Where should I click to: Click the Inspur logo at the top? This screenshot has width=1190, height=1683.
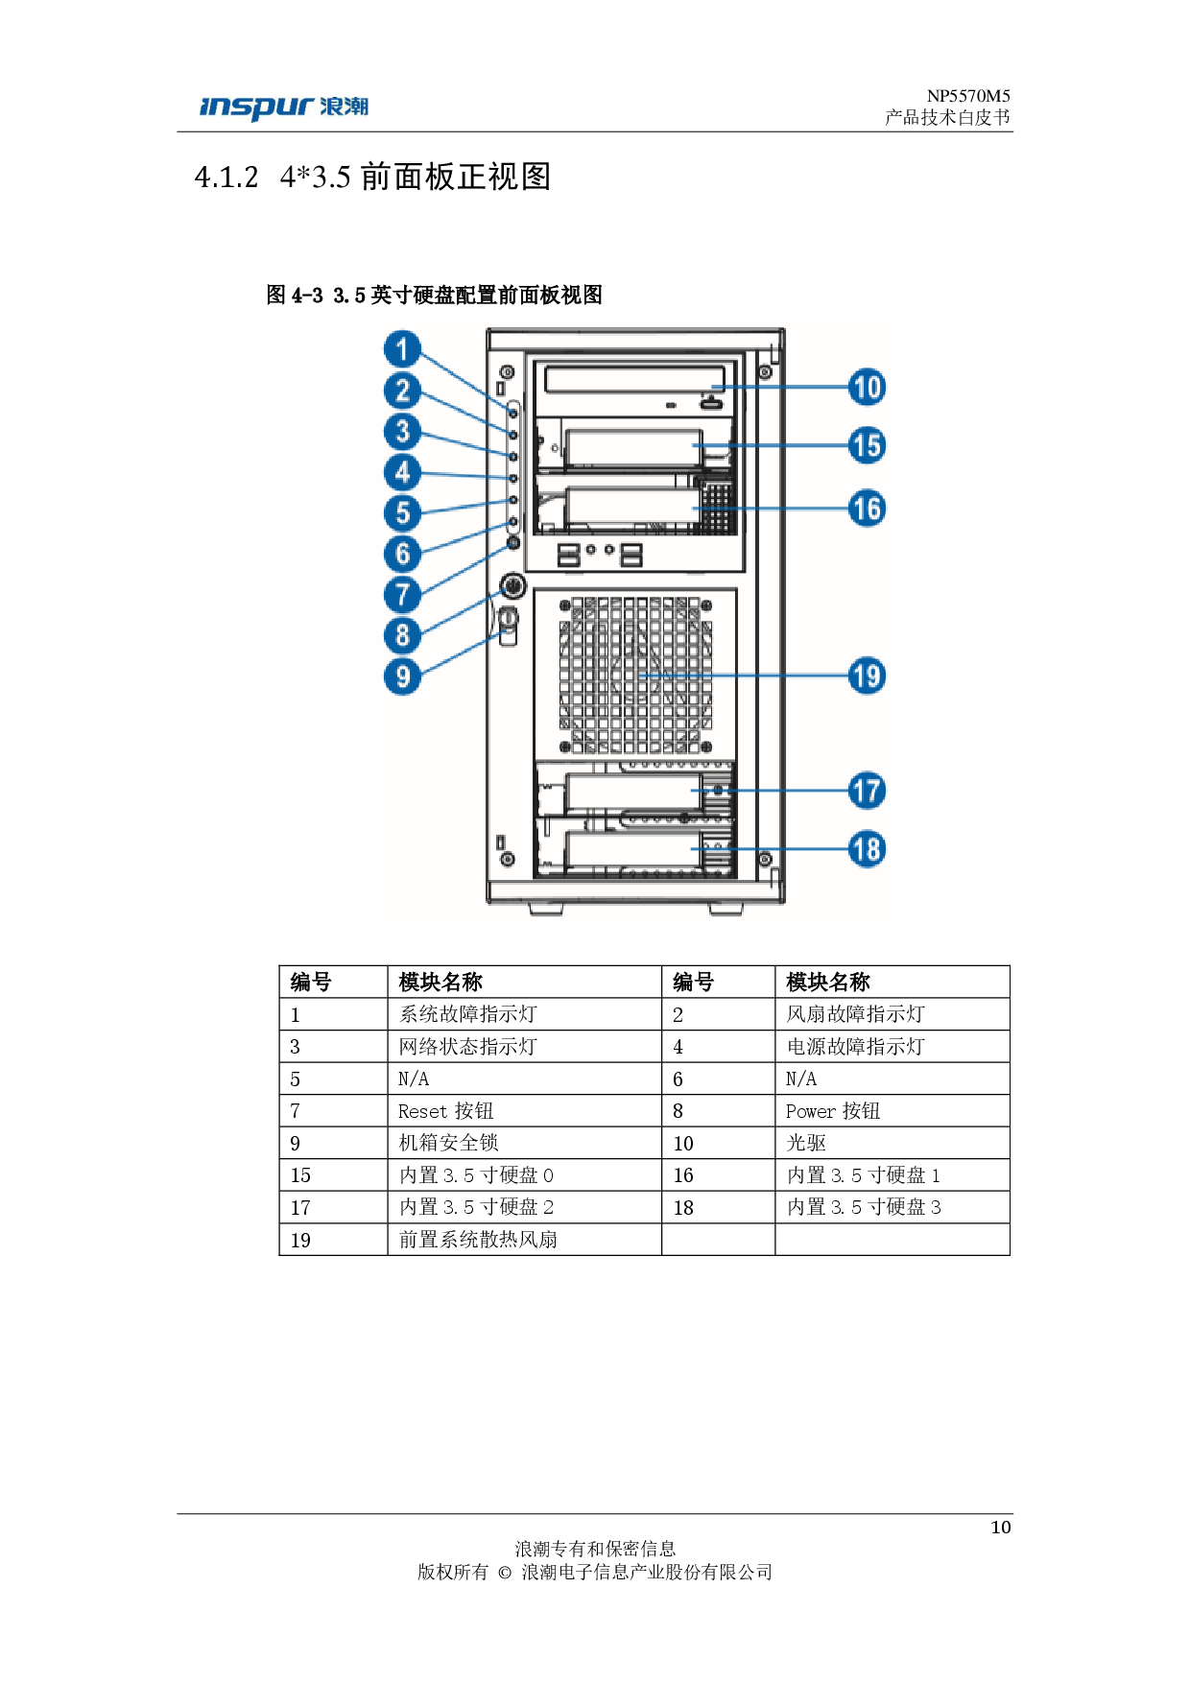pos(283,108)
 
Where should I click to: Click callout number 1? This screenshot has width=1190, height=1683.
pos(403,349)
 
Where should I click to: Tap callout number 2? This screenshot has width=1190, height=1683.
pos(403,391)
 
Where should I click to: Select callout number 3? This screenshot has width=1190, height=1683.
pos(403,432)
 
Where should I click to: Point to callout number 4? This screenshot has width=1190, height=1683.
pos(403,472)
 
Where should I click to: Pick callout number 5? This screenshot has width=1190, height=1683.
pos(403,513)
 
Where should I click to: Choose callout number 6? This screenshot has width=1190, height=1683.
pos(403,554)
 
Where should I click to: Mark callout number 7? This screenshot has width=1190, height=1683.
pos(403,595)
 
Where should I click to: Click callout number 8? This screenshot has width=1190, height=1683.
pos(403,635)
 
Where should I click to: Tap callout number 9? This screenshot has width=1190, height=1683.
pos(403,676)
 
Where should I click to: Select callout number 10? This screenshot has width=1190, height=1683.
pos(867,388)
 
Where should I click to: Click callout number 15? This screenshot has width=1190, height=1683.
pos(867,446)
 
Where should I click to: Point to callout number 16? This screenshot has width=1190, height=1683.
pos(867,509)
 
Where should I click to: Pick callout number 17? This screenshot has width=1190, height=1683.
pos(867,792)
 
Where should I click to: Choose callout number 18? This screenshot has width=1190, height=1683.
pos(867,849)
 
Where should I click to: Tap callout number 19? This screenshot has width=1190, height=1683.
pos(867,676)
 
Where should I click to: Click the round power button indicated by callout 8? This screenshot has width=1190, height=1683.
pos(512,584)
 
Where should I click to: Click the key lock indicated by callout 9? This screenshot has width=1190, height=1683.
pos(509,618)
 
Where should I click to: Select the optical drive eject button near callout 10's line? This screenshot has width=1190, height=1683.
pos(711,405)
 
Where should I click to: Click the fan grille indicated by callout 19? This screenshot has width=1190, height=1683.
pos(635,675)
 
